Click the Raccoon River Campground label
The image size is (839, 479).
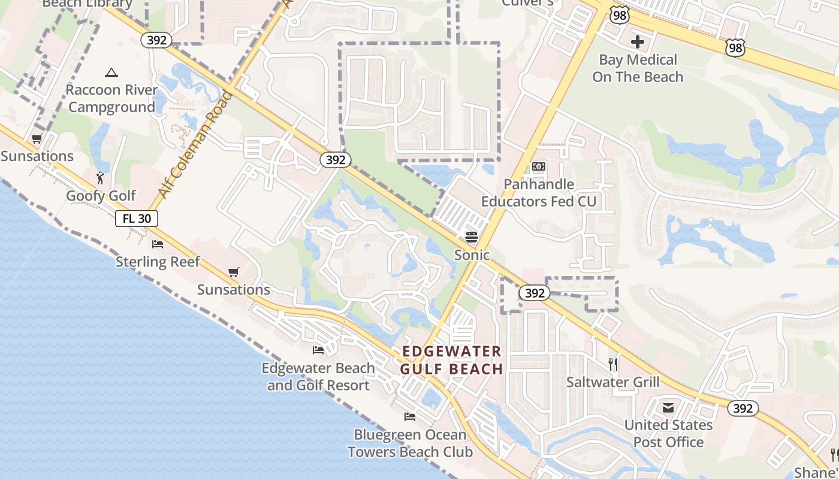pos(111,99)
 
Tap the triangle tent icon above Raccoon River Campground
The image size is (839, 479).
pos(111,73)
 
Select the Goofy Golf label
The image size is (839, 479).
pos(101,196)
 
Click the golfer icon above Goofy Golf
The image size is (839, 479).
pos(100,178)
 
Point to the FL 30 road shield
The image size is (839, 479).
pos(137,219)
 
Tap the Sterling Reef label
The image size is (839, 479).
pos(158,262)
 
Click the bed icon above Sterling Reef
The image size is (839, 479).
pos(158,244)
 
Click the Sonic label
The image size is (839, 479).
pos(472,255)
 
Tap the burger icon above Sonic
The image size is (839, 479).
pos(472,237)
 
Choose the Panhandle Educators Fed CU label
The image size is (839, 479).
pos(539,193)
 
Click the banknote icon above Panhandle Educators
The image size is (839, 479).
pos(539,166)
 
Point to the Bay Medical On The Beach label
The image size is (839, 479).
pos(638,68)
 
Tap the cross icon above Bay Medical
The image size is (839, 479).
pos(638,42)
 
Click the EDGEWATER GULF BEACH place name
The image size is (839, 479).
pos(451,360)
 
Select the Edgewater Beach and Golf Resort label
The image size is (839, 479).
pos(318,377)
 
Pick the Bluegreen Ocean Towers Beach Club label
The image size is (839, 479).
pos(410,443)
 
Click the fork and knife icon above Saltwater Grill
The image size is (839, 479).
pos(612,364)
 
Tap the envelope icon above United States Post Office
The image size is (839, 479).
pos(668,408)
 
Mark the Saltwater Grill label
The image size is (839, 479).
pos(612,382)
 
